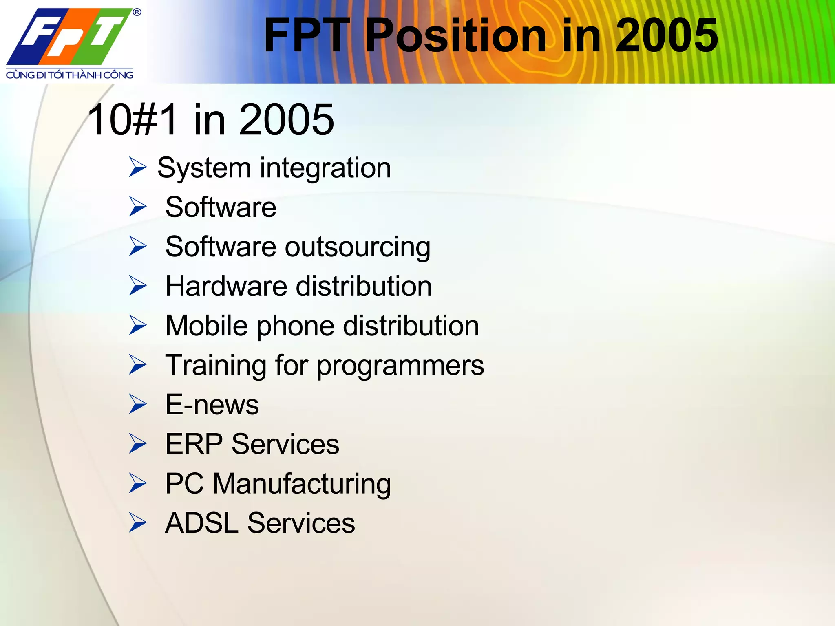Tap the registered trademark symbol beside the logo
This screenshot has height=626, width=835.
click(137, 12)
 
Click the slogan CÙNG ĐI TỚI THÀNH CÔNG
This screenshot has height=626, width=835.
click(69, 75)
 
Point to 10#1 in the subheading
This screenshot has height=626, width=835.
click(133, 120)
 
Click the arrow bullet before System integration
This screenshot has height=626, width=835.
click(138, 167)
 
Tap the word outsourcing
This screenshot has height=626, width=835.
click(357, 248)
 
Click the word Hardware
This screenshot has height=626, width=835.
click(226, 286)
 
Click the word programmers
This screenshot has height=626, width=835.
click(400, 366)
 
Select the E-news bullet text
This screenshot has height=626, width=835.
click(212, 405)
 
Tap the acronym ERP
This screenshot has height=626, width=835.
click(194, 444)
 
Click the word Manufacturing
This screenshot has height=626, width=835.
click(302, 484)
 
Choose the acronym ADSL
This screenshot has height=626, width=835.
click(201, 523)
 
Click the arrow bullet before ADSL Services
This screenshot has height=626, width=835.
click(138, 522)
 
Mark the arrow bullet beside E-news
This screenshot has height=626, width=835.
click(138, 404)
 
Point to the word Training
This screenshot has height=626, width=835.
click(216, 366)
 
